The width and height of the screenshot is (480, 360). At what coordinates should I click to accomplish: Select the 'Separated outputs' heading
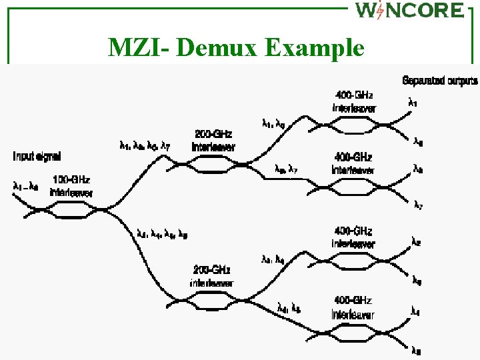439,81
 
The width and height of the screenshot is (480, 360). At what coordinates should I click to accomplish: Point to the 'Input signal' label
37,157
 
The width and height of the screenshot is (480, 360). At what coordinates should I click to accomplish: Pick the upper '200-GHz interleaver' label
213,140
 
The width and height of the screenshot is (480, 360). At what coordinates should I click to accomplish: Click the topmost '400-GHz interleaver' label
354,101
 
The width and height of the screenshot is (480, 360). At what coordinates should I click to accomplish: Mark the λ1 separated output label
414,103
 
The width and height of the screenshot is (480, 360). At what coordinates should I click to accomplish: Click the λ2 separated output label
415,243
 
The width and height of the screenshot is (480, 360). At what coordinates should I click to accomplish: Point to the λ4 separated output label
415,311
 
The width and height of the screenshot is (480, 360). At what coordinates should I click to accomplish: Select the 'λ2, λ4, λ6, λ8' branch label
162,233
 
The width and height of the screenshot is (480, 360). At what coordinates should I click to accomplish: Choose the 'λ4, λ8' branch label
289,307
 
